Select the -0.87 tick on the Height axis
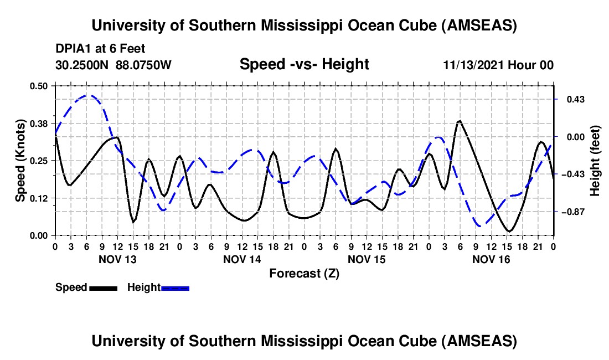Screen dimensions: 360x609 [571, 212]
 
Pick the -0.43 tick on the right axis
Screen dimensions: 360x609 [571, 174]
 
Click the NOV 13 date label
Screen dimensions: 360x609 [116, 259]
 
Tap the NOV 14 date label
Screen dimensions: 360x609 [242, 259]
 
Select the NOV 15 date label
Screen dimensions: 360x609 [367, 259]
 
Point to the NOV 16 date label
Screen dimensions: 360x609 [491, 259]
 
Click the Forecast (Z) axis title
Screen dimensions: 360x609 [304, 273]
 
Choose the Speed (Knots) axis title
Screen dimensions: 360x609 [20, 160]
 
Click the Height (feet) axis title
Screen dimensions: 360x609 [595, 160]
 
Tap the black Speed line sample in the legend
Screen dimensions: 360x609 [103, 288]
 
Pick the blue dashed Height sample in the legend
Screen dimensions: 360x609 [176, 288]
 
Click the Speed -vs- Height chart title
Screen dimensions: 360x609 [304, 65]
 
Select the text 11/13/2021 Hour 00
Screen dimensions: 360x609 [498, 65]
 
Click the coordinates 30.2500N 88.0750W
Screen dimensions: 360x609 [113, 65]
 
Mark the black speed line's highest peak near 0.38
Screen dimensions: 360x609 [459, 121]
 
